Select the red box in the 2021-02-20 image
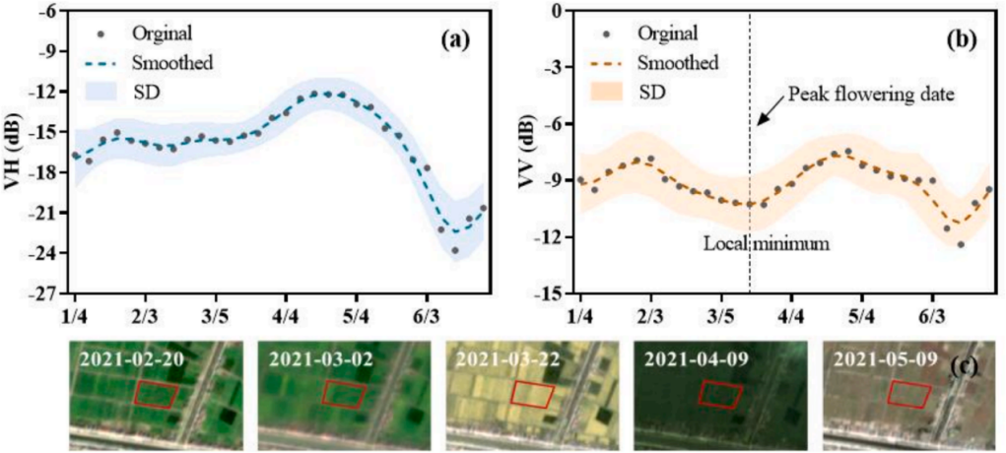pyautogui.click(x=156, y=394)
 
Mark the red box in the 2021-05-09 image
pyautogui.click(x=909, y=393)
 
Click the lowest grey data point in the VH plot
pyautogui.click(x=454, y=250)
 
